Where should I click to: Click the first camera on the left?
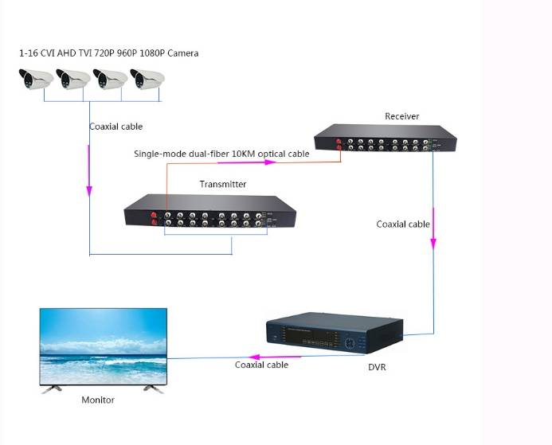tap(35, 79)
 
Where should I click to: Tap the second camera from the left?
tap(72, 79)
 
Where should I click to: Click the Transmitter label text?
tap(222, 184)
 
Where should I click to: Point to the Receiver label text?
tap(401, 116)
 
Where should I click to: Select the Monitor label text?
tap(98, 400)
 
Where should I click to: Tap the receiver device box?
tap(385, 140)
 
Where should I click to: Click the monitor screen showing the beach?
tap(105, 347)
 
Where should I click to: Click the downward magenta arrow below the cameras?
tap(89, 192)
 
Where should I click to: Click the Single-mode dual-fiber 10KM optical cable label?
tap(221, 154)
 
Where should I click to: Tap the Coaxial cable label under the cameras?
tap(115, 126)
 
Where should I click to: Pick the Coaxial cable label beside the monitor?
tap(261, 365)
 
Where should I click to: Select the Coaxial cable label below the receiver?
tap(403, 224)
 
